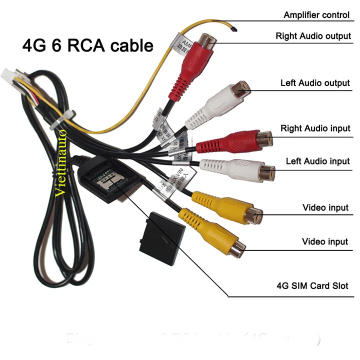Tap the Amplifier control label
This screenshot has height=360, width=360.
[316, 14]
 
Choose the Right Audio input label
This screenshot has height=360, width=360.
[315, 128]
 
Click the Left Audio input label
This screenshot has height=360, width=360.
[317, 161]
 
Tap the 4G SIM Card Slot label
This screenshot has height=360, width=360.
[312, 286]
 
